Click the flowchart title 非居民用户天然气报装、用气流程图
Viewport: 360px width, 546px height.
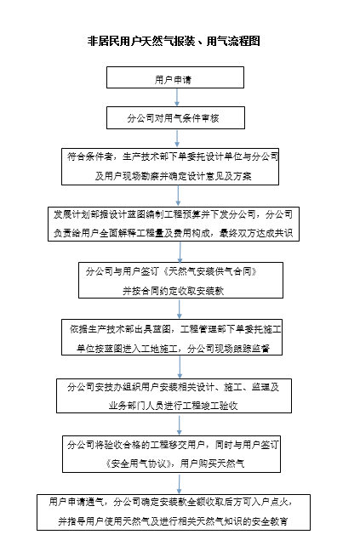click(174, 41)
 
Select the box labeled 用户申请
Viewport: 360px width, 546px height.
click(175, 77)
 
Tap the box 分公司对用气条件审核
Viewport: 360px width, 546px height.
click(175, 117)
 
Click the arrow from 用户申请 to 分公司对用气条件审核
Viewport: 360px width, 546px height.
click(177, 98)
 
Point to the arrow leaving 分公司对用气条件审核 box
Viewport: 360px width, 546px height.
click(177, 139)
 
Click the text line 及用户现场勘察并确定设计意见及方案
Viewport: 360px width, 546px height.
click(174, 176)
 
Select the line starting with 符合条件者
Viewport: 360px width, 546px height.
click(173, 156)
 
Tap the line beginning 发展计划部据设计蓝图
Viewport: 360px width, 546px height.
click(174, 214)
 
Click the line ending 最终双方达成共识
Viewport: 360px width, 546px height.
click(174, 233)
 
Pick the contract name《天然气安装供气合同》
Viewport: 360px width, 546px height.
click(209, 271)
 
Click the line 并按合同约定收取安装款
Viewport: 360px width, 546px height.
click(173, 290)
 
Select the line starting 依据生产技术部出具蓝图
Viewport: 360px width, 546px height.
click(175, 329)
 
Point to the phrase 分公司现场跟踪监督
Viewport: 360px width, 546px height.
click(228, 348)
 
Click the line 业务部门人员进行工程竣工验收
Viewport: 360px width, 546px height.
click(174, 406)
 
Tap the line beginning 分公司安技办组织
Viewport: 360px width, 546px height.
click(174, 387)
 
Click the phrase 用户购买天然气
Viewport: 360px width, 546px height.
click(212, 464)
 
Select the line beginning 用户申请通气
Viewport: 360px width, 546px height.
click(171, 502)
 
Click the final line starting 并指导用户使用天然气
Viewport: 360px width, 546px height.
click(174, 521)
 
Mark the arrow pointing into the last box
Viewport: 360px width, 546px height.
click(179, 483)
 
